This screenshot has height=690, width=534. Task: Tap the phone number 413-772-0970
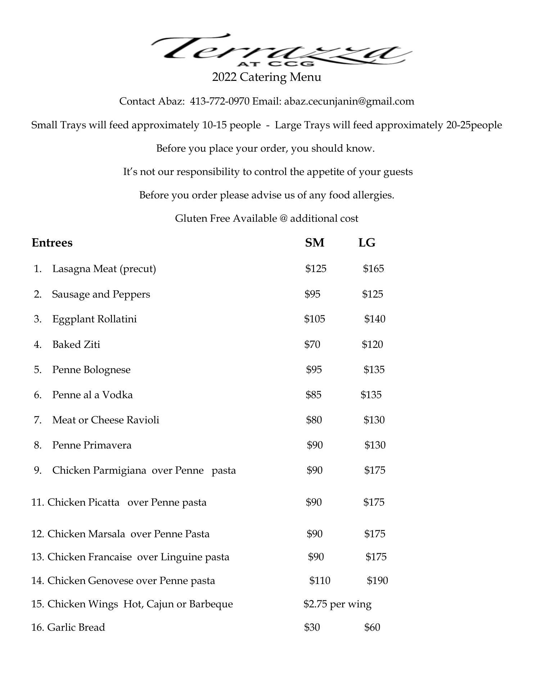coord(220,101)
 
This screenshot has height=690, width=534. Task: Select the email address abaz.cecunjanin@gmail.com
coord(349,101)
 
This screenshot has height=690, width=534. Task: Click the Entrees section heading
coord(52,243)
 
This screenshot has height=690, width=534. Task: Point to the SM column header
coord(314,243)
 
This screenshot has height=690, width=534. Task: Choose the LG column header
coord(367,243)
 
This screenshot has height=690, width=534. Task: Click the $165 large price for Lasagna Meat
coord(373,269)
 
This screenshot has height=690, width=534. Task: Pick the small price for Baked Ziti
coord(312,345)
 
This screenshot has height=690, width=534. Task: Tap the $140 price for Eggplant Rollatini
coord(375,319)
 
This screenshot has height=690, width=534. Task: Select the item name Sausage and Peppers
coord(101,294)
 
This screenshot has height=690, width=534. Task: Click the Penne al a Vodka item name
coord(92,395)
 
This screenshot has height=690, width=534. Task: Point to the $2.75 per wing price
coord(337,604)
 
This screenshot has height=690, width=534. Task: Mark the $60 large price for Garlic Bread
coord(372,627)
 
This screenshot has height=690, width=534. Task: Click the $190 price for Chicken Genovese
coord(377,581)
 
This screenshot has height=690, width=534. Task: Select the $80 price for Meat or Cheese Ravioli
coord(314,420)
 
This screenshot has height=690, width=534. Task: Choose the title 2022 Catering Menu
coord(267,77)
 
